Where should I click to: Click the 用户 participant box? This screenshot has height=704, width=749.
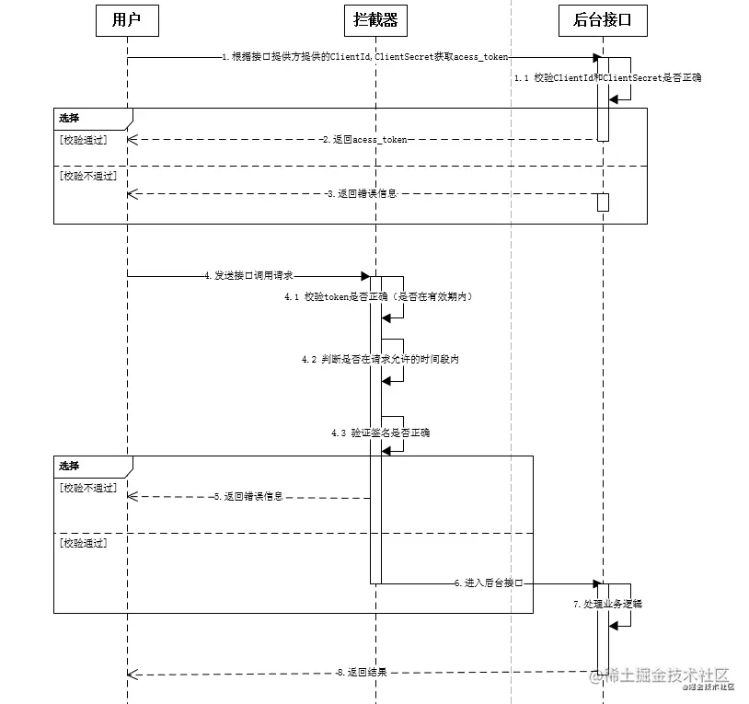click(x=127, y=20)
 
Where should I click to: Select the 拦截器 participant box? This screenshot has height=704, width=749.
click(x=375, y=20)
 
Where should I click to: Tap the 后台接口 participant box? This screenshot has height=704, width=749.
click(x=603, y=20)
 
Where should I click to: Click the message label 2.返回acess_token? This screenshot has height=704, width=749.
click(x=364, y=140)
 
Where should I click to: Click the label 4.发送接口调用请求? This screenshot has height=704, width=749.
click(x=248, y=275)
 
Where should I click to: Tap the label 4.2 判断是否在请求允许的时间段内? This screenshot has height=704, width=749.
click(x=380, y=359)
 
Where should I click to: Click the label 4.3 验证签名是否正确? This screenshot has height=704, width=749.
click(x=380, y=432)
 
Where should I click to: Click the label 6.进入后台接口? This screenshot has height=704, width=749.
click(x=488, y=583)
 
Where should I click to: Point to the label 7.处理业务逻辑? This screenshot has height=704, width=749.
click(x=607, y=605)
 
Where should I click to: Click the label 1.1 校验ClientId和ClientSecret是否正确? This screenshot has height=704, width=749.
click(x=607, y=78)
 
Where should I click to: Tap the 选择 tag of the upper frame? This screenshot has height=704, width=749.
click(x=69, y=118)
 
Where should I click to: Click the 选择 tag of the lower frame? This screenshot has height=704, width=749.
click(x=69, y=466)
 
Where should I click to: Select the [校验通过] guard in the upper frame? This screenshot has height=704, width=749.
click(x=83, y=140)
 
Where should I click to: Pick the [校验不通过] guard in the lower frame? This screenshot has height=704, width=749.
click(x=87, y=488)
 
